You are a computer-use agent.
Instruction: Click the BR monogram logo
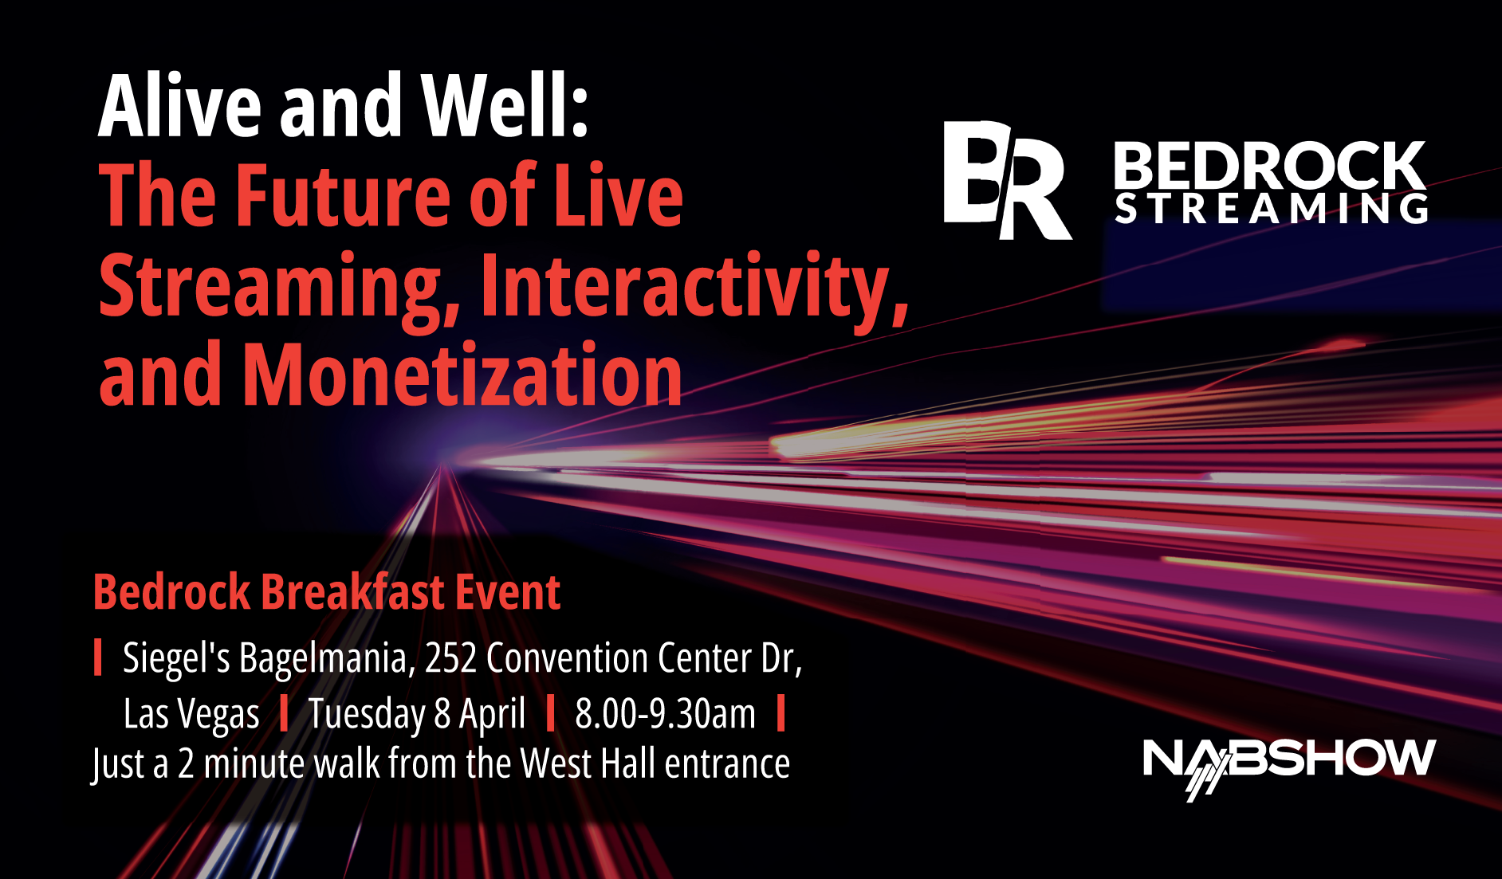(1006, 179)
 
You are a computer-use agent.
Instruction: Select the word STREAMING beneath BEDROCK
(1271, 209)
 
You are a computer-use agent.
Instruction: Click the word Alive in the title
(180, 106)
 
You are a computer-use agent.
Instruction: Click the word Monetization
(462, 375)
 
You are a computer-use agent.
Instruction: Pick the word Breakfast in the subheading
(353, 592)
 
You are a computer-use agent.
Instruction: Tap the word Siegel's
(176, 658)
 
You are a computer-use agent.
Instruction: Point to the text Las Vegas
(191, 714)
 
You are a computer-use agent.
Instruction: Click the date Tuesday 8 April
(417, 714)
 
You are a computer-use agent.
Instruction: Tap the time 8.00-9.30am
(665, 714)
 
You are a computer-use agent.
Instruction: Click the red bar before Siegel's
(98, 657)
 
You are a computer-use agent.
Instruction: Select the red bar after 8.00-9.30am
(781, 713)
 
